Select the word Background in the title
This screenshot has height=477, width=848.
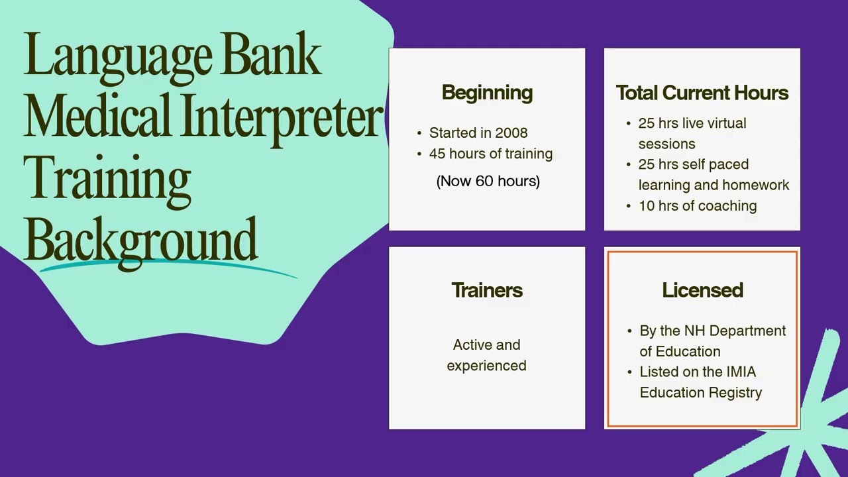(x=140, y=239)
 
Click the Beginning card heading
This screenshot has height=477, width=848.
(x=487, y=93)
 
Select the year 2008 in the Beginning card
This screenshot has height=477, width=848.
(x=511, y=132)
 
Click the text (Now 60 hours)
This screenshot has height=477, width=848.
(x=488, y=181)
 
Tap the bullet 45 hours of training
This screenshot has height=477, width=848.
(x=490, y=154)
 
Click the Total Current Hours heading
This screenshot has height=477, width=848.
(x=702, y=93)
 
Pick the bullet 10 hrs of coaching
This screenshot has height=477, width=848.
(x=697, y=205)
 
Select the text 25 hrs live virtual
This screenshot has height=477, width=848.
(x=692, y=123)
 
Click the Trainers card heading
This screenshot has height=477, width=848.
(x=487, y=290)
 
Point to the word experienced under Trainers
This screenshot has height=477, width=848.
(x=486, y=366)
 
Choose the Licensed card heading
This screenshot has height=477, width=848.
(x=702, y=290)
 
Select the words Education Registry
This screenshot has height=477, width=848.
(x=700, y=392)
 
